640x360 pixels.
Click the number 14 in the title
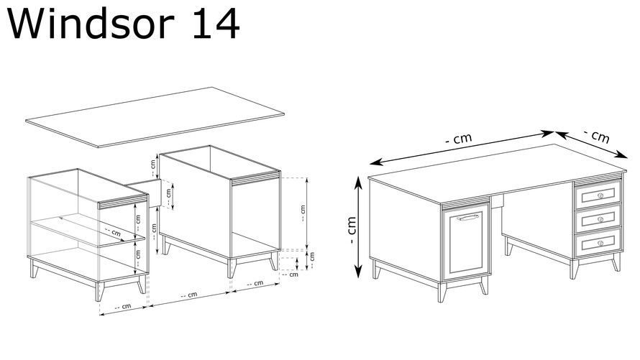pyautogui.click(x=216, y=23)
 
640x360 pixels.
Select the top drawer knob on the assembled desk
pyautogui.click(x=600, y=195)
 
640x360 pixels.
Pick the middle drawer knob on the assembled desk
pyautogui.click(x=600, y=219)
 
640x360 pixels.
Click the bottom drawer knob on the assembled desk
pyautogui.click(x=600, y=243)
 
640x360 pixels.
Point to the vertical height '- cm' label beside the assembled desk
pyautogui.click(x=352, y=230)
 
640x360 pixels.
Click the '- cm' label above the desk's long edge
pyautogui.click(x=459, y=139)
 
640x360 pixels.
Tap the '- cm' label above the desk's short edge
pyautogui.click(x=597, y=136)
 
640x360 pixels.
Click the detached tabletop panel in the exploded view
pyautogui.click(x=155, y=116)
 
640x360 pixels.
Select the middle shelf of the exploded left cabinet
pyautogui.click(x=88, y=231)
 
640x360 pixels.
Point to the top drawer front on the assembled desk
pyautogui.click(x=598, y=195)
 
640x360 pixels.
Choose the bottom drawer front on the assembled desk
pyautogui.click(x=598, y=243)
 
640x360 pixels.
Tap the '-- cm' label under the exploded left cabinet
pyautogui.click(x=123, y=307)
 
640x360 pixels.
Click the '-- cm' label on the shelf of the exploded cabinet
pyautogui.click(x=113, y=232)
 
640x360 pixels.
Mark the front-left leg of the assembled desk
pyautogui.click(x=442, y=292)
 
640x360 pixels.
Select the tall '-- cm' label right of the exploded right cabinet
pyautogui.click(x=303, y=213)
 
